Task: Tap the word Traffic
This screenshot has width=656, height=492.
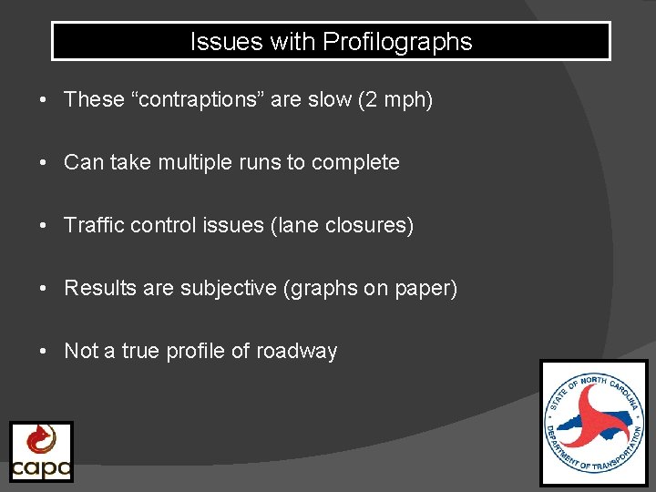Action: pos(94,225)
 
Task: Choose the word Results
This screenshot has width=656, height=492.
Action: pos(98,288)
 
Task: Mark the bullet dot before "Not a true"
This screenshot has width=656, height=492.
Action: pos(45,352)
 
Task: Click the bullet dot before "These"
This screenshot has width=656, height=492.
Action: pos(45,100)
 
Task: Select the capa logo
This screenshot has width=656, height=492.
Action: pos(41,452)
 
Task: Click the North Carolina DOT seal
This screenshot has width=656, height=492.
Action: pos(595,422)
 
